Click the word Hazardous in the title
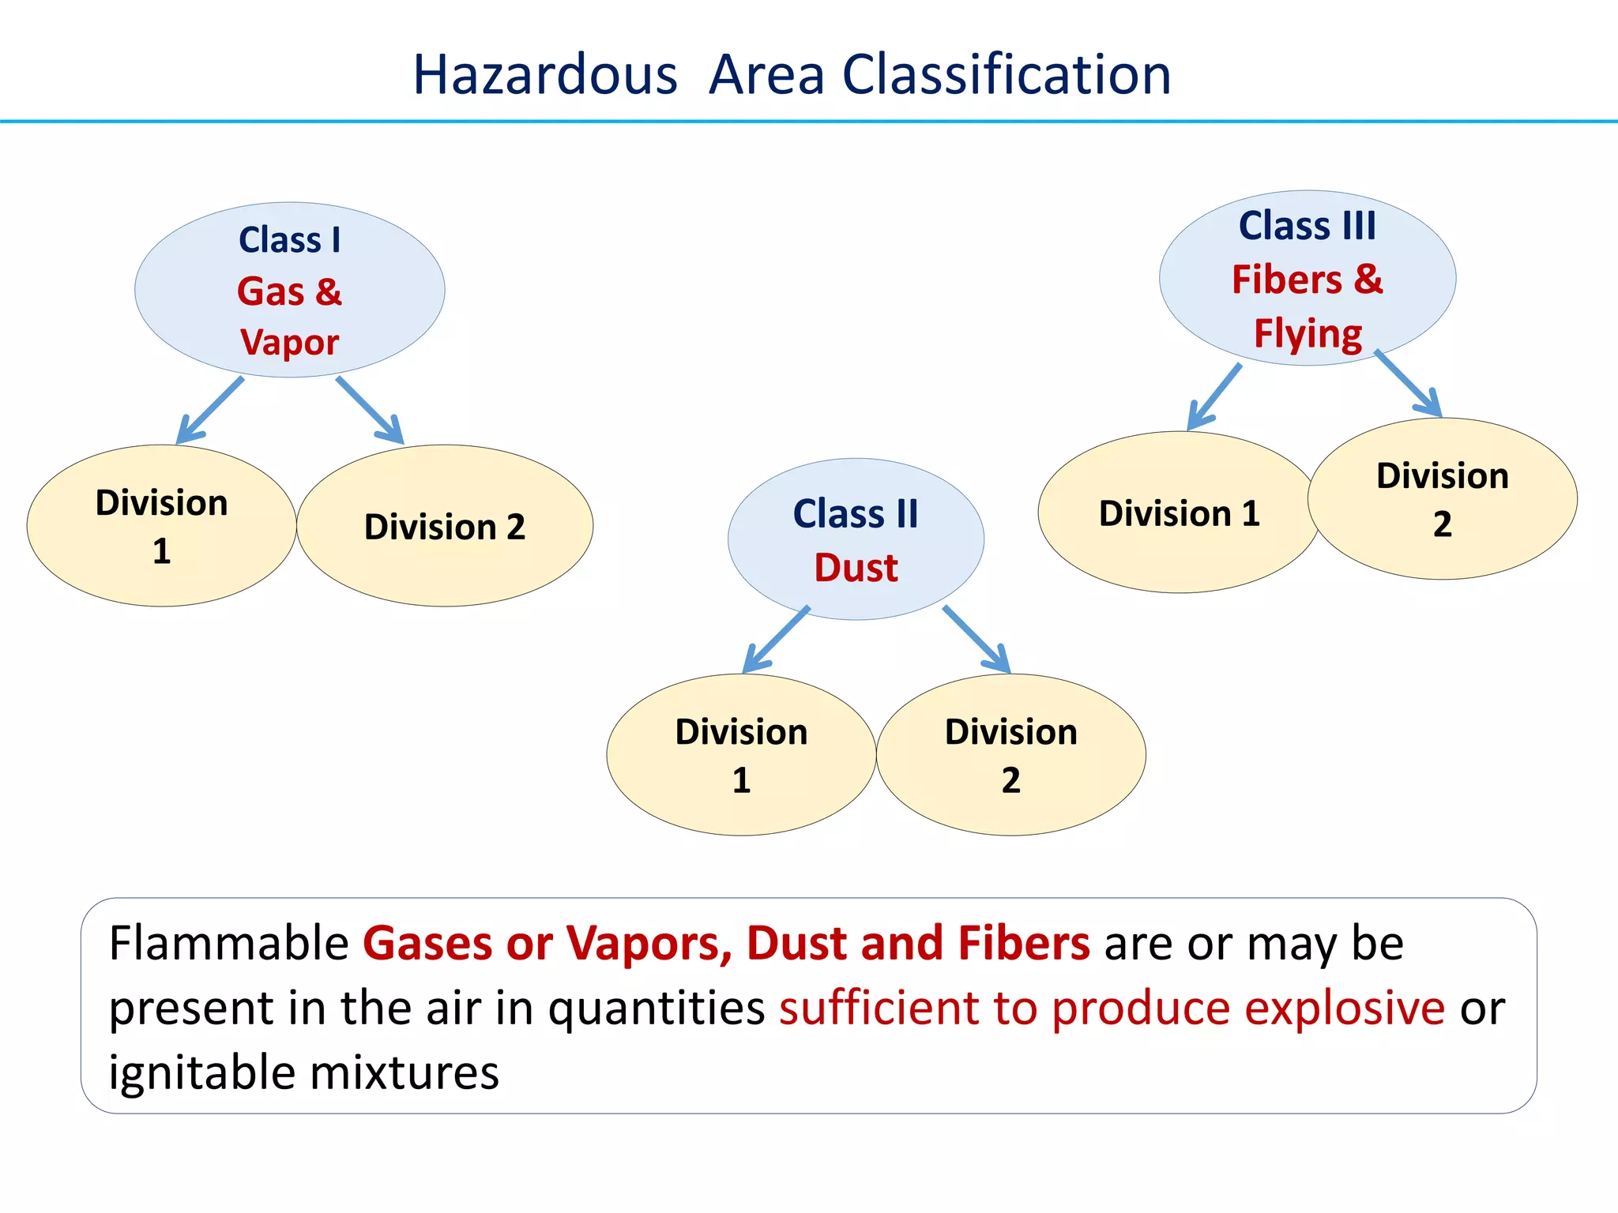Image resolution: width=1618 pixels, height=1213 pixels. click(x=545, y=75)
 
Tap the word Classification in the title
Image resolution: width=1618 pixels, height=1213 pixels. click(x=1007, y=75)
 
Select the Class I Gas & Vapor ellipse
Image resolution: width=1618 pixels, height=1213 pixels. click(x=289, y=290)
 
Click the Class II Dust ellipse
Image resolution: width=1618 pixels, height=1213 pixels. click(x=856, y=539)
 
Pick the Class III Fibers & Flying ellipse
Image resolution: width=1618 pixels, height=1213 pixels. click(x=1308, y=278)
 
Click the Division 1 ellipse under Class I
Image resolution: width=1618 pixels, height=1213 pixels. click(x=161, y=526)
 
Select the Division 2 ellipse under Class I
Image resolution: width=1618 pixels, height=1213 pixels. click(x=445, y=526)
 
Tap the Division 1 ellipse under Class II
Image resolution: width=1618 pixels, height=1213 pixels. click(x=741, y=755)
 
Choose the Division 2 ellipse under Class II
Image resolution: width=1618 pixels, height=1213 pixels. click(x=1011, y=755)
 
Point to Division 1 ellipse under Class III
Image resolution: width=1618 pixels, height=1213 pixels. click(x=1179, y=513)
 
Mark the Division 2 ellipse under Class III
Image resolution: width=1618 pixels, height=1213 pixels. click(x=1443, y=499)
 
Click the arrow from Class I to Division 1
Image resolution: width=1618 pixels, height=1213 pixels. click(x=210, y=411)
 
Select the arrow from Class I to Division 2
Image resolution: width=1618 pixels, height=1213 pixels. click(x=370, y=411)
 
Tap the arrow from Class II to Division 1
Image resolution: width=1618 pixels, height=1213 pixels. click(x=777, y=640)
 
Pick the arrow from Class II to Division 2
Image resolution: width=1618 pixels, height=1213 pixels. click(x=976, y=640)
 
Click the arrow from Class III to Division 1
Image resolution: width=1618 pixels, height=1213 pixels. click(x=1215, y=396)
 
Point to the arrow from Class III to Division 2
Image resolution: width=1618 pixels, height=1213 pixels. click(x=1409, y=384)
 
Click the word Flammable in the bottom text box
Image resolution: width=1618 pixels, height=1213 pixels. click(x=229, y=943)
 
